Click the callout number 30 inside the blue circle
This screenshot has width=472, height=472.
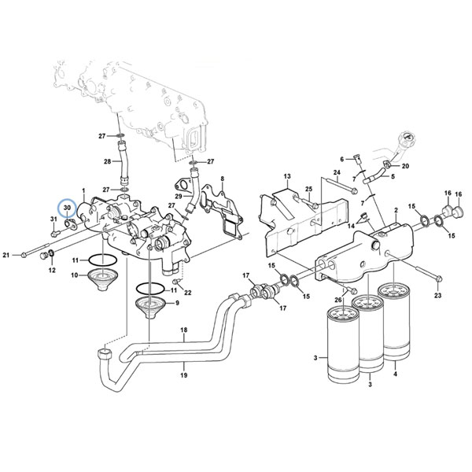(67, 208)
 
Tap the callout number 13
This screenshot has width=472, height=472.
(287, 175)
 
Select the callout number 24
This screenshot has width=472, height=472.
(337, 172)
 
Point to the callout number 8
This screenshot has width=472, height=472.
(222, 179)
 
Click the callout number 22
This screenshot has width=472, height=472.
(188, 293)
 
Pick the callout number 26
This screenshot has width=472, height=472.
(338, 300)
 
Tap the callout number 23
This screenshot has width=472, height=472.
(437, 296)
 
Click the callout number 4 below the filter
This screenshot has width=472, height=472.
(395, 374)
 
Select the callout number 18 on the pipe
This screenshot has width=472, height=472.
(184, 330)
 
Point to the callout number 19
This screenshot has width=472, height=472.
(184, 375)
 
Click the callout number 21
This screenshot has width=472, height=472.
(6, 255)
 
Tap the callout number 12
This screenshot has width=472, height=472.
(52, 270)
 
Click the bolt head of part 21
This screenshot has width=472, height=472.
(24, 255)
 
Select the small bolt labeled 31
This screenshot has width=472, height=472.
(55, 233)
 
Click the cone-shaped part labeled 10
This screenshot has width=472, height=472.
(102, 279)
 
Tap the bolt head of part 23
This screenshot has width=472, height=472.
(439, 278)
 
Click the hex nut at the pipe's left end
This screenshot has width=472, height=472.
(105, 354)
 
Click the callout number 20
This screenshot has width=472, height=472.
(405, 166)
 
